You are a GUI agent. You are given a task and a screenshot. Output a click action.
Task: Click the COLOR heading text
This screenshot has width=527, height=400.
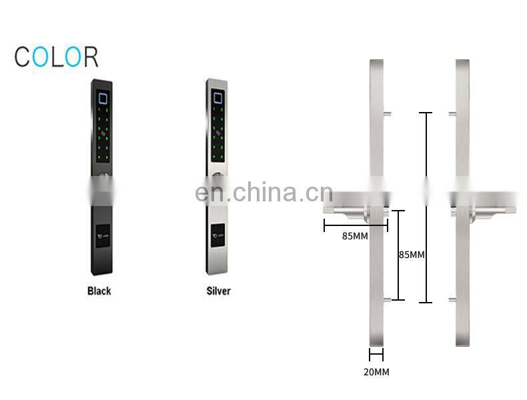pyautogui.click(x=57, y=57)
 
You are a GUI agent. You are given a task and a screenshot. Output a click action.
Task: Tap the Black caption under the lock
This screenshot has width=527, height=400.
pyautogui.click(x=99, y=291)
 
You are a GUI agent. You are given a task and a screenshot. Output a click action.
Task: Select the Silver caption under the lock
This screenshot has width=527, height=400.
pyautogui.click(x=217, y=291)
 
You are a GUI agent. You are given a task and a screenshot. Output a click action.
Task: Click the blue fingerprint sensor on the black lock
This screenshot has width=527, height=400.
pyautogui.click(x=103, y=99)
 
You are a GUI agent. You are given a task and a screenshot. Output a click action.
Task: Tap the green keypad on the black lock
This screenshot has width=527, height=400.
pyautogui.click(x=102, y=133)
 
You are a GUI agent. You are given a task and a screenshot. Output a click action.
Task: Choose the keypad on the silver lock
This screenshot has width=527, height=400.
pyautogui.click(x=217, y=133)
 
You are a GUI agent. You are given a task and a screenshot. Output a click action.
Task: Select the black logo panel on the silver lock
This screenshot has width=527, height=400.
pyautogui.click(x=217, y=236)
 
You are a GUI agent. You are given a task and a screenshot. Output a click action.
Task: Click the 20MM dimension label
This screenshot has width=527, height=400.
pyautogui.click(x=376, y=372)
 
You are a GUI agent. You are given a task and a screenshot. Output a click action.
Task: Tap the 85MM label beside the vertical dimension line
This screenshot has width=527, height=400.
pyautogui.click(x=412, y=255)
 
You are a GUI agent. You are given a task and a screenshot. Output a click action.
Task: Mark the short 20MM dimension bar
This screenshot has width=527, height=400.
pyautogui.click(x=376, y=355)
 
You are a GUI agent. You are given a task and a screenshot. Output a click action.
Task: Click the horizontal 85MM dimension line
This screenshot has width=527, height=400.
pyautogui.click(x=356, y=225)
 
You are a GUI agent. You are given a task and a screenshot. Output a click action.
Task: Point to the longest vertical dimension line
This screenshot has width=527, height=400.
pyautogui.click(x=426, y=207)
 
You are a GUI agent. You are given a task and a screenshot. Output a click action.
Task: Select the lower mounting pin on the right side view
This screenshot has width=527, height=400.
pyautogui.click(x=452, y=299)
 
